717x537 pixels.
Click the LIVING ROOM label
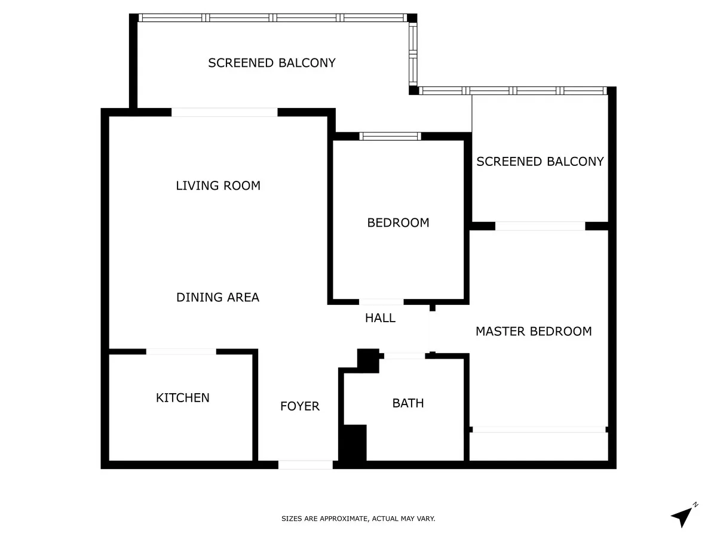[218, 186]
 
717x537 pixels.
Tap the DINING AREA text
[218, 297]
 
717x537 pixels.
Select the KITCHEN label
[183, 397]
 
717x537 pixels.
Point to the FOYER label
[300, 406]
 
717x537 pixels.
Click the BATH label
[408, 403]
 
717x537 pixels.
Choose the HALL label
[380, 317]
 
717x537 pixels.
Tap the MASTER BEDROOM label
[534, 331]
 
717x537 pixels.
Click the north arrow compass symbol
[684, 515]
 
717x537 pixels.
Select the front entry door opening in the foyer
[305, 465]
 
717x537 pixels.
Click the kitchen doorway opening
[181, 351]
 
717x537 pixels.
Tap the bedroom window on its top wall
[390, 136]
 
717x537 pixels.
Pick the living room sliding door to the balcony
[225, 112]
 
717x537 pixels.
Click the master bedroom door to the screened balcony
[540, 226]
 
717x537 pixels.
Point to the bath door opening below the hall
[405, 356]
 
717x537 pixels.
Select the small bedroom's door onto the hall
[381, 302]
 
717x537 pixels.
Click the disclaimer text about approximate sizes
[358, 519]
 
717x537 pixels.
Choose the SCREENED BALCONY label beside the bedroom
[540, 161]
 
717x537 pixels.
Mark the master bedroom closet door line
[539, 430]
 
